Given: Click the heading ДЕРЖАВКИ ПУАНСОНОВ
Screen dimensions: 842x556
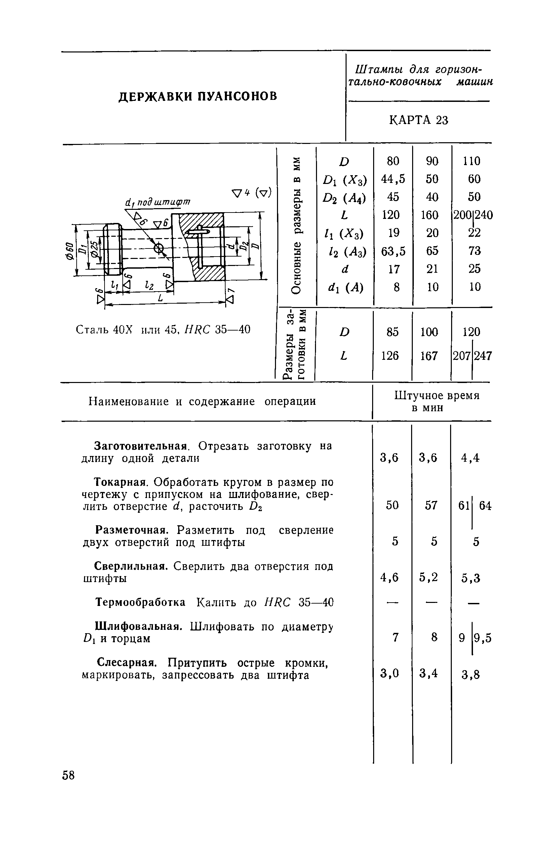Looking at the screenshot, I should coord(198,96).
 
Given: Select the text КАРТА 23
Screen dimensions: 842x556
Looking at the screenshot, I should coord(419,121).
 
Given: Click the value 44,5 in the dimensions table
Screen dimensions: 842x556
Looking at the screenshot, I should coord(393,179).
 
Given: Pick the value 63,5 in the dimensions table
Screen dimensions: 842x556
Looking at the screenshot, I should coord(393,251).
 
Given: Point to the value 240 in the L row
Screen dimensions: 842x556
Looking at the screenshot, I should coord(484,215).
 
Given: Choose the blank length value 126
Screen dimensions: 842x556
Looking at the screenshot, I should coord(390,356).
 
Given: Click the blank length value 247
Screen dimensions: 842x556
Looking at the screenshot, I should coord(483,356).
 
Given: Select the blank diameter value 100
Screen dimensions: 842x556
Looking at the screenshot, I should coord(429,332).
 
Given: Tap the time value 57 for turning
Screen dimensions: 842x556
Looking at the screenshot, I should coord(431,505).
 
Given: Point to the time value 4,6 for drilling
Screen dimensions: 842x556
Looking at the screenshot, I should coord(389,578).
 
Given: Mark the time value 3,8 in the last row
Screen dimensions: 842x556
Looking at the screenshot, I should coord(471,675).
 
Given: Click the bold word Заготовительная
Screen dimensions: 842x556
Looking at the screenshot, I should coord(141,446).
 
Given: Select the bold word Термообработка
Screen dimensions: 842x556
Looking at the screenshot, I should coord(141,603).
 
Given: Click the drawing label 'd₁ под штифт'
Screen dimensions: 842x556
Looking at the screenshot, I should coord(158,202).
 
